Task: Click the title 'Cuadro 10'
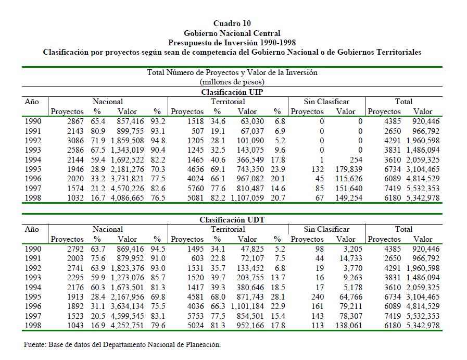coord(232,23)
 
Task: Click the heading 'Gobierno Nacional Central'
coord(232,33)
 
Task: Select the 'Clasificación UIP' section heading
coord(232,92)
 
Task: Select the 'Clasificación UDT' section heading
coord(232,220)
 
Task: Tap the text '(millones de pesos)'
coord(232,82)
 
